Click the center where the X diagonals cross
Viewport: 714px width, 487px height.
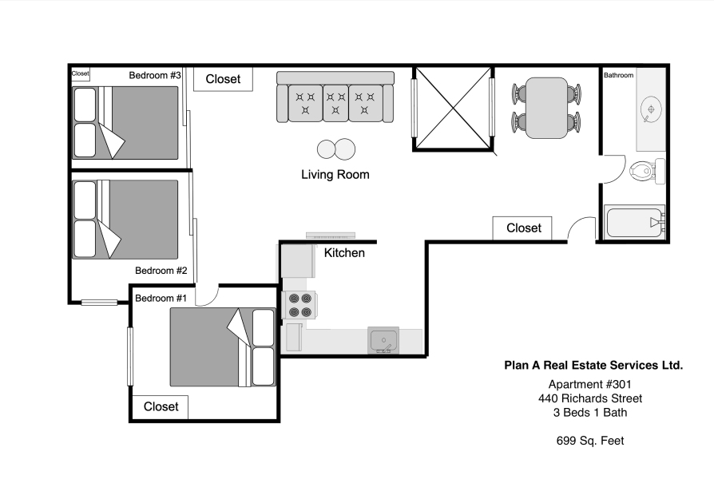pyautogui.click(x=453, y=108)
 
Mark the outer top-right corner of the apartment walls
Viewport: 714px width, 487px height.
pyautogui.click(x=669, y=64)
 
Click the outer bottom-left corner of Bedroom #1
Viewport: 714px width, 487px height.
pyautogui.click(x=129, y=422)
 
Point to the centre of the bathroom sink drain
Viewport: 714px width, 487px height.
pyautogui.click(x=651, y=109)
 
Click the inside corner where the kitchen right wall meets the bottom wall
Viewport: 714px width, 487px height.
pyautogui.click(x=425, y=354)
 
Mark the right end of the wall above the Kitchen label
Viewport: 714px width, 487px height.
pyautogui.click(x=376, y=241)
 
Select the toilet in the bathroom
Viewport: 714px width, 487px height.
pyautogui.click(x=647, y=171)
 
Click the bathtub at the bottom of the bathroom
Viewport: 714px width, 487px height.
pyautogui.click(x=634, y=223)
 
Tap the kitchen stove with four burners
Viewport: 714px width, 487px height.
pyautogui.click(x=299, y=305)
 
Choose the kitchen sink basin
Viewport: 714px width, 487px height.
pyautogui.click(x=383, y=340)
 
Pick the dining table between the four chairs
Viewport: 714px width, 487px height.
pyautogui.click(x=546, y=108)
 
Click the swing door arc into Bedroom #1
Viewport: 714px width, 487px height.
pyautogui.click(x=207, y=297)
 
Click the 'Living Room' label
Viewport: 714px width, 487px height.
pyautogui.click(x=335, y=174)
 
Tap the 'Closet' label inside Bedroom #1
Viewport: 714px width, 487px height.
pyautogui.click(x=161, y=406)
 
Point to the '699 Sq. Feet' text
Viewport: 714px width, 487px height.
pyautogui.click(x=590, y=441)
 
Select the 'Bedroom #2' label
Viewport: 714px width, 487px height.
pyautogui.click(x=161, y=271)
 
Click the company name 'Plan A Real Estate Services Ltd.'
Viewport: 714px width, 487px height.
pyautogui.click(x=593, y=365)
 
